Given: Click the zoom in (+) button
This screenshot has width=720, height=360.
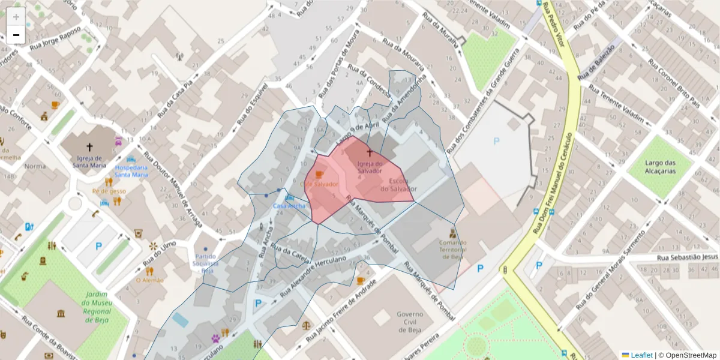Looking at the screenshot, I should click(16, 17).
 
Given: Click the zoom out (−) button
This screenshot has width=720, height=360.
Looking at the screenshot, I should click(16, 35).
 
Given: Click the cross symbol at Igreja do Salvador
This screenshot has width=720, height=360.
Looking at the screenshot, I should click(369, 154).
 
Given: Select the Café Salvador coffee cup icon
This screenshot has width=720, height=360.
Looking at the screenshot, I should click(319, 175).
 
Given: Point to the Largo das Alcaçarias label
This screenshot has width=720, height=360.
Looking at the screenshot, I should click(661, 167).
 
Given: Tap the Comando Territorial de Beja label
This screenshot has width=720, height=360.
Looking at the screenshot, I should click(452, 250).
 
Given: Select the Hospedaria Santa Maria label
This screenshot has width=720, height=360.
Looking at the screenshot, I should click(131, 171).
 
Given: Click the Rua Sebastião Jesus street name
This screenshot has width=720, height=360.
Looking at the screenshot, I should click(687, 257).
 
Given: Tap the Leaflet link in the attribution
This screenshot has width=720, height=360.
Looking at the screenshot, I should click(641, 355).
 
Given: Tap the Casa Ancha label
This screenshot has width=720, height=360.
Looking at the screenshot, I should click(289, 206).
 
